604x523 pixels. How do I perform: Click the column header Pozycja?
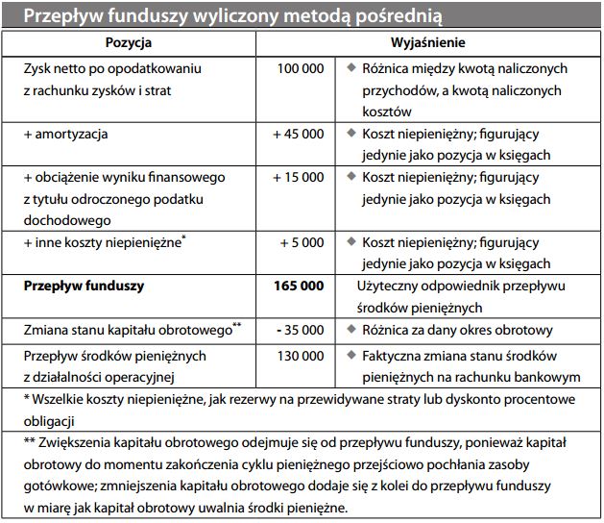(x=128, y=44)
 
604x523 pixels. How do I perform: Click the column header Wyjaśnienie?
(x=427, y=44)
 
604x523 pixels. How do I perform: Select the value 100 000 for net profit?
(x=301, y=69)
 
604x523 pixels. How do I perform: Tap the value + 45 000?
(x=298, y=134)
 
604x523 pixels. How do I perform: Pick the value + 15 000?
(x=298, y=178)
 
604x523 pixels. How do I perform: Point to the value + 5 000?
(x=302, y=242)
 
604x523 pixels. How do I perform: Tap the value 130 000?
(x=301, y=355)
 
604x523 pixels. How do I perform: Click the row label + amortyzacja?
(x=65, y=134)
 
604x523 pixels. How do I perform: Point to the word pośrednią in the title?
(x=400, y=16)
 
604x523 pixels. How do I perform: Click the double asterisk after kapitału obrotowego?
(x=236, y=326)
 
